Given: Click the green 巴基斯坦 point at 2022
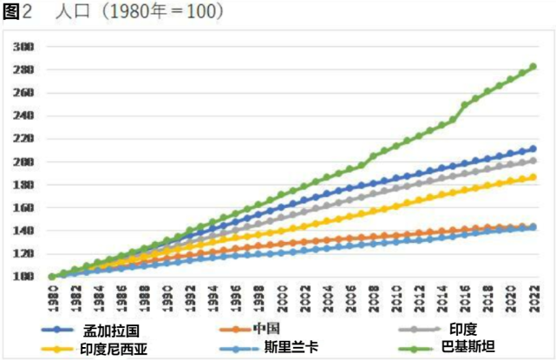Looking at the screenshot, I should click(x=533, y=67).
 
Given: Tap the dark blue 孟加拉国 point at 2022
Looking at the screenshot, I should click(x=533, y=149).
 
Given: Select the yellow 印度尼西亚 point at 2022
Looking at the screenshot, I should click(x=533, y=177).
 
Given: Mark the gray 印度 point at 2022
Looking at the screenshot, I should click(x=533, y=160).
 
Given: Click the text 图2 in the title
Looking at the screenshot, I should click(x=18, y=11).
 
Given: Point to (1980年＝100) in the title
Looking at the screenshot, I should click(x=155, y=11).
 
